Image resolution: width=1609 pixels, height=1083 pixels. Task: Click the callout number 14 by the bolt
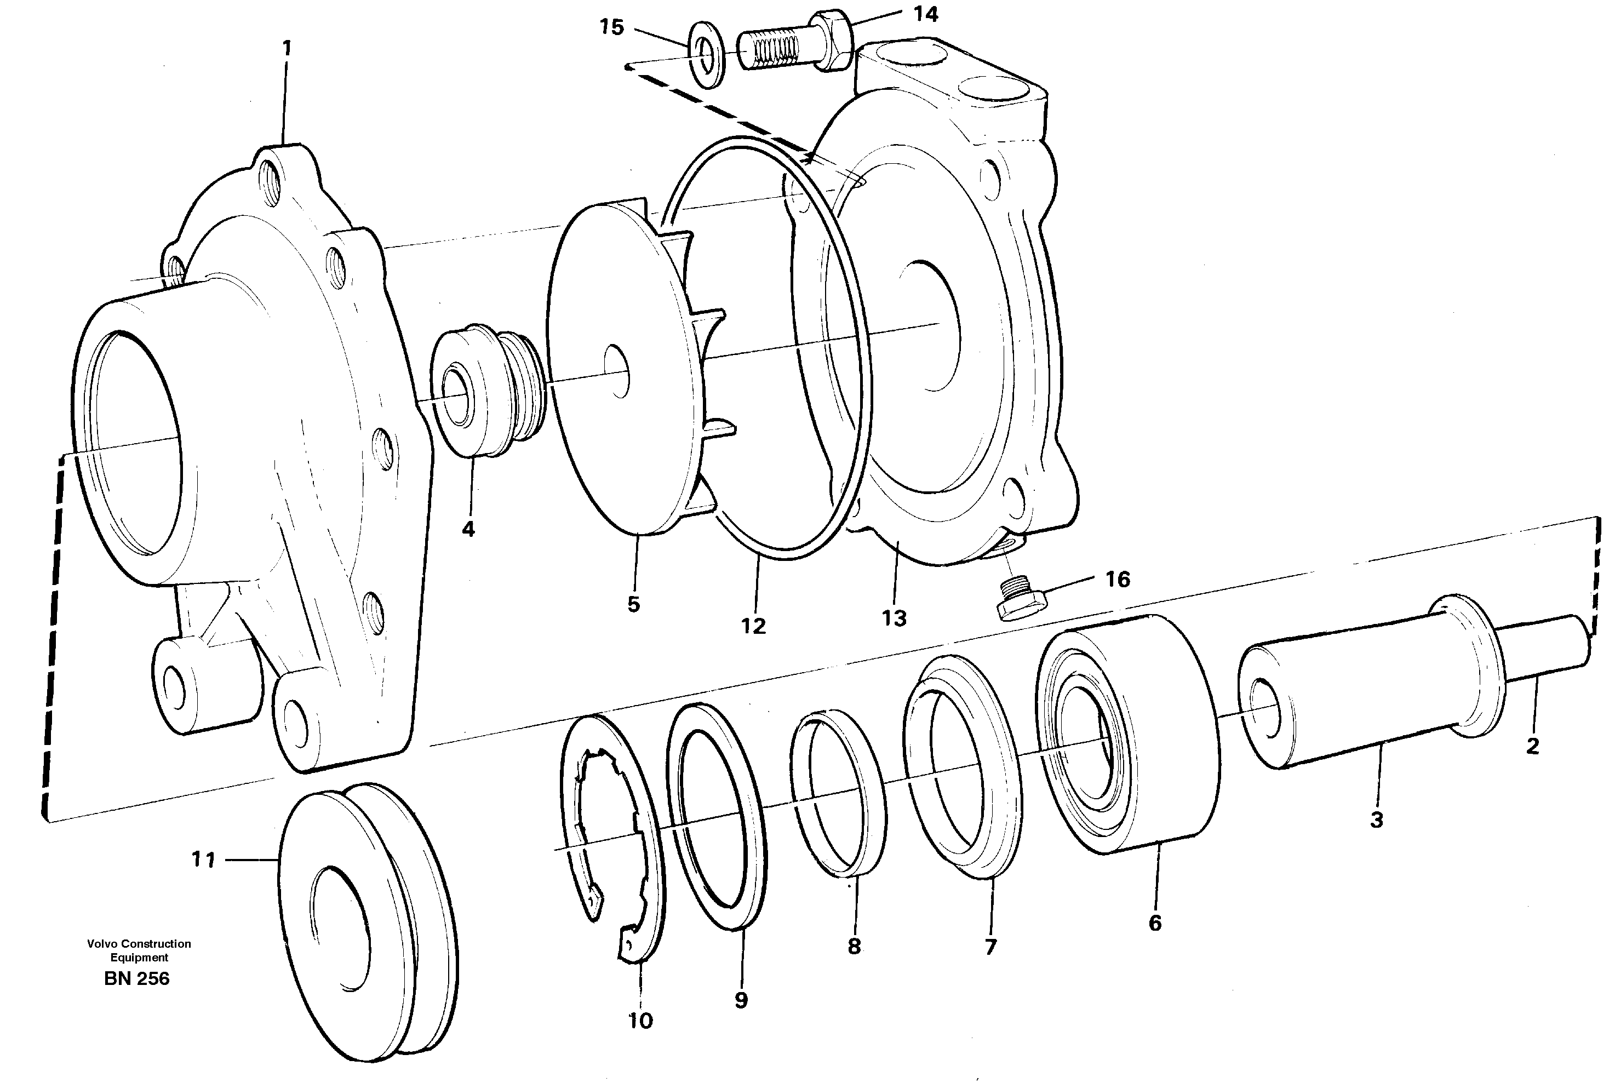tap(925, 14)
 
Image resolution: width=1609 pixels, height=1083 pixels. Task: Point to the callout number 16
tap(1118, 580)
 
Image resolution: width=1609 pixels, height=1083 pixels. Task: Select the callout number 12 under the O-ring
tap(753, 626)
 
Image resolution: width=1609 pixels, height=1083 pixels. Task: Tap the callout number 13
tap(894, 618)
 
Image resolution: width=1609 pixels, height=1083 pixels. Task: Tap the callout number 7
tap(991, 947)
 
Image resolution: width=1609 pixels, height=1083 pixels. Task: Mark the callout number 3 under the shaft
tap(1376, 820)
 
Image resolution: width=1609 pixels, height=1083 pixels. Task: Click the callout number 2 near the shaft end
tap(1532, 746)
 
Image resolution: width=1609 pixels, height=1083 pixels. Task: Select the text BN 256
tap(137, 979)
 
